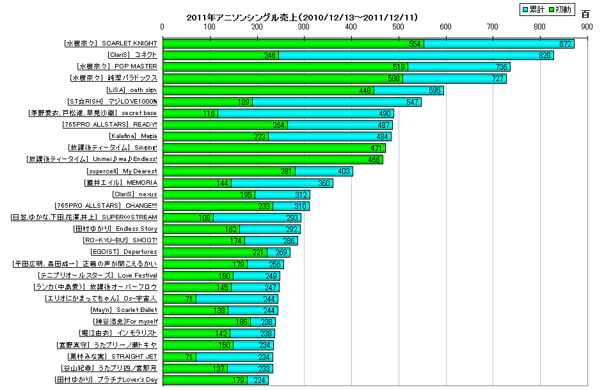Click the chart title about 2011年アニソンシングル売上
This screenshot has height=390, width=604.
[302, 17]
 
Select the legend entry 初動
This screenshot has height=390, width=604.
[562, 9]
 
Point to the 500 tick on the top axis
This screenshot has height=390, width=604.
[398, 27]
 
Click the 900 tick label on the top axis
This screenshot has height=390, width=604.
[586, 27]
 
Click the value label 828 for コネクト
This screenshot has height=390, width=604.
[545, 55]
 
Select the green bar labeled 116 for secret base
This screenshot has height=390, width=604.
[191, 113]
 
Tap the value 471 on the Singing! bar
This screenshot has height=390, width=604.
[376, 148]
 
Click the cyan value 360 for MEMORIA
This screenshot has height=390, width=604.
[324, 183]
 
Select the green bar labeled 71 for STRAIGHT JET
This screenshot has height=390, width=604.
[180, 357]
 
